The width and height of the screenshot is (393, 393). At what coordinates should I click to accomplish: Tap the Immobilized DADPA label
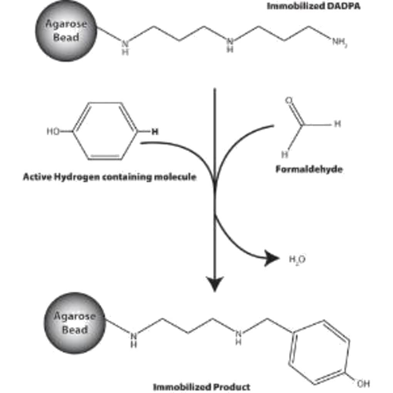pyautogui.click(x=313, y=6)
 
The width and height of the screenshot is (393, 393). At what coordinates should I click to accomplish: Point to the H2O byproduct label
pyautogui.click(x=297, y=259)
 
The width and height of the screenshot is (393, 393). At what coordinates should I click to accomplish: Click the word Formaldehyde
pyautogui.click(x=309, y=169)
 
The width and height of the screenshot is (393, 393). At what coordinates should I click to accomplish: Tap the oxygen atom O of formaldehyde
pyautogui.click(x=289, y=101)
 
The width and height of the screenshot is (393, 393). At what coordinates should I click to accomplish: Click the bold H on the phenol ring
pyautogui.click(x=155, y=132)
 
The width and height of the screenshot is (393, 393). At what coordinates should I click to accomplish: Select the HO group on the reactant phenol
pyautogui.click(x=54, y=132)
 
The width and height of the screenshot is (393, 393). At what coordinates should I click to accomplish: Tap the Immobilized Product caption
pyautogui.click(x=202, y=386)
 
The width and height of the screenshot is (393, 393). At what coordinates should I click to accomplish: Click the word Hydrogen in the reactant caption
pyautogui.click(x=76, y=177)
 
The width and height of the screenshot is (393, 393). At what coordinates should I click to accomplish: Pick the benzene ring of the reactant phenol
pyautogui.click(x=105, y=131)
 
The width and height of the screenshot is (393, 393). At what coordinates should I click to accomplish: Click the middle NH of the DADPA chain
pyautogui.click(x=230, y=44)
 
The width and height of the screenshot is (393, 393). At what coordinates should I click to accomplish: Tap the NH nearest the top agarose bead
pyautogui.click(x=125, y=47)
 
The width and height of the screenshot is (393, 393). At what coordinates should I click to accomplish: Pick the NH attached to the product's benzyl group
pyautogui.click(x=239, y=336)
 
